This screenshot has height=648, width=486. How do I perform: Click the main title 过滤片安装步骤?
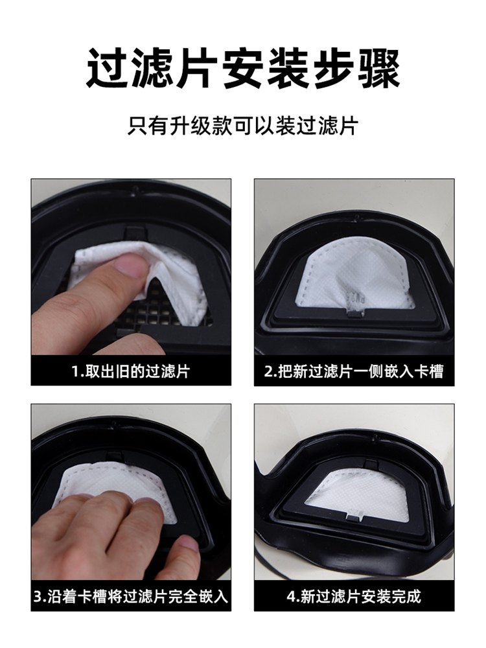click(243, 68)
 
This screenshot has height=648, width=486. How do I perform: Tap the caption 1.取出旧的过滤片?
click(131, 371)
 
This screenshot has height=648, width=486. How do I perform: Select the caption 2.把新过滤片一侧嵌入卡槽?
click(354, 371)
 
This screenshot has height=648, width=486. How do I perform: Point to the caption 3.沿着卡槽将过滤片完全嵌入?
click(131, 596)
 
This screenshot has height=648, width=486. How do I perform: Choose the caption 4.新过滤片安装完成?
click(354, 596)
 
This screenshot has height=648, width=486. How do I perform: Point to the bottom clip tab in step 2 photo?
click(354, 314)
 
